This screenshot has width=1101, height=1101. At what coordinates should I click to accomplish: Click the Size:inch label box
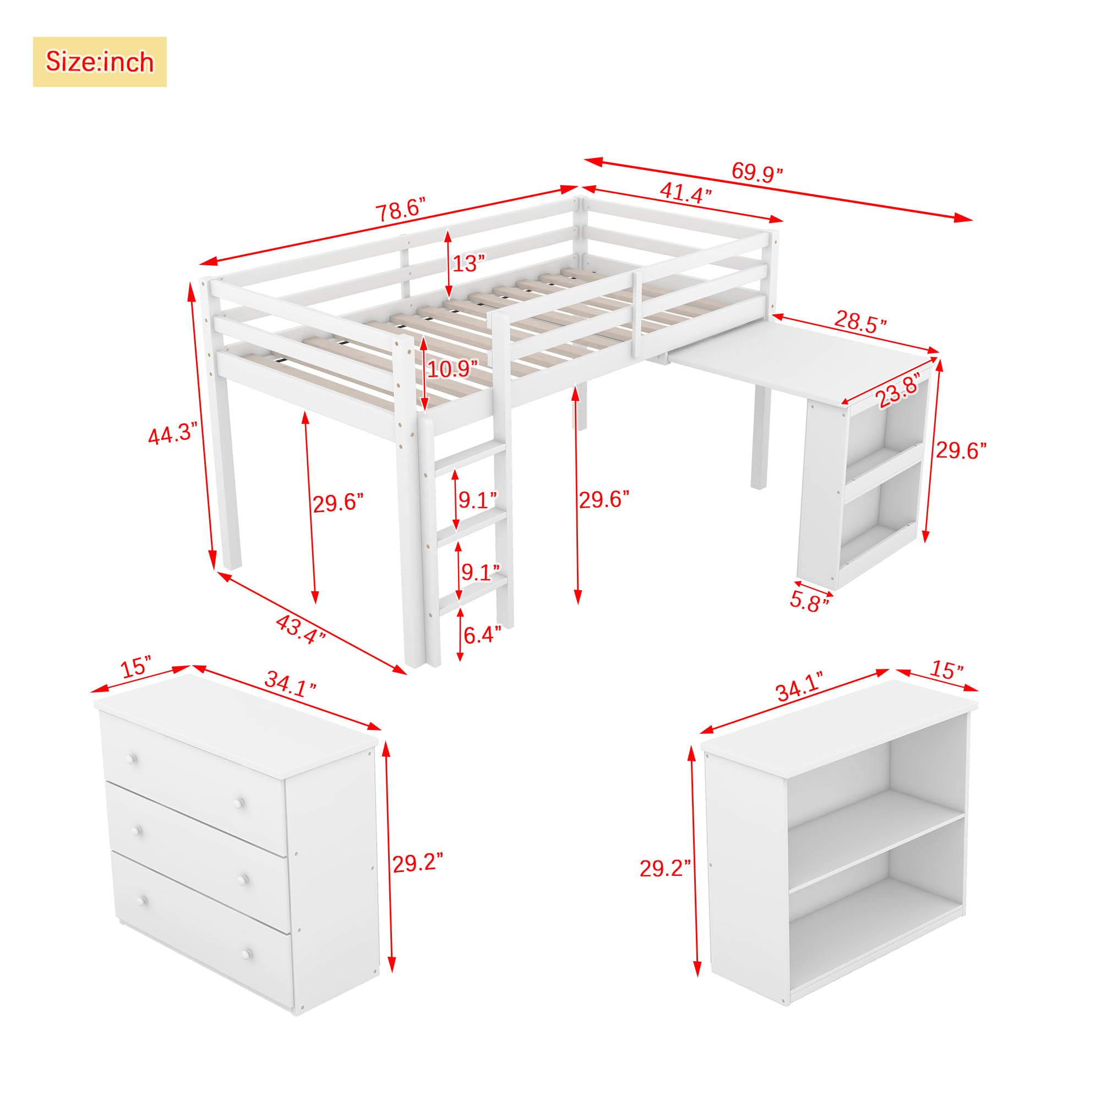(100, 62)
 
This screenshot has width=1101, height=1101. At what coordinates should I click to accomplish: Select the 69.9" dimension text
(757, 172)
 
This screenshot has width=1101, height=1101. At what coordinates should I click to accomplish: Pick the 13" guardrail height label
(469, 263)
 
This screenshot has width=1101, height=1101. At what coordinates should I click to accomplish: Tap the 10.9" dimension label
(453, 369)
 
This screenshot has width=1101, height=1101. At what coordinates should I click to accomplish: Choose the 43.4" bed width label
(301, 629)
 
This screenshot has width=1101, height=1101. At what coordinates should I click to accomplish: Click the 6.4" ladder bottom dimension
(482, 634)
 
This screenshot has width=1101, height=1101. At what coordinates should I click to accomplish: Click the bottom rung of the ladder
(473, 587)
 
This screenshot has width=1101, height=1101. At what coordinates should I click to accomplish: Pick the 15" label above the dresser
(137, 666)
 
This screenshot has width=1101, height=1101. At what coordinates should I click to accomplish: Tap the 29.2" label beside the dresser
(418, 862)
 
